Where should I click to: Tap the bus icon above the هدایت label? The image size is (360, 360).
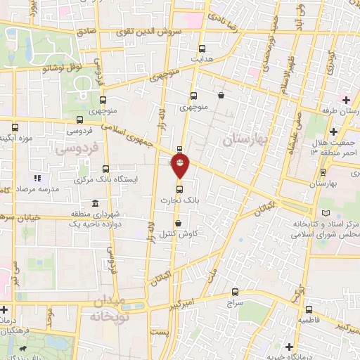[202, 49]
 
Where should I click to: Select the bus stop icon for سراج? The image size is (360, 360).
[235, 292]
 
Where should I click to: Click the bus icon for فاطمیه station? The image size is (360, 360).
[307, 309]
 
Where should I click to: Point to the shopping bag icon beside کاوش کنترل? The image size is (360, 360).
[177, 224]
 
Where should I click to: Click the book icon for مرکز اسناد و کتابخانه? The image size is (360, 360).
[324, 213]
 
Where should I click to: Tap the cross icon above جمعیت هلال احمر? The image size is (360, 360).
[335, 131]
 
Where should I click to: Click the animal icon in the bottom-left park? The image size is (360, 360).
[25, 347]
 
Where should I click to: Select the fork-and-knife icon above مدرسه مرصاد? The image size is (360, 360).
[37, 179]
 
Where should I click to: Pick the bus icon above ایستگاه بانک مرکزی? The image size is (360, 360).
[105, 169]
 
